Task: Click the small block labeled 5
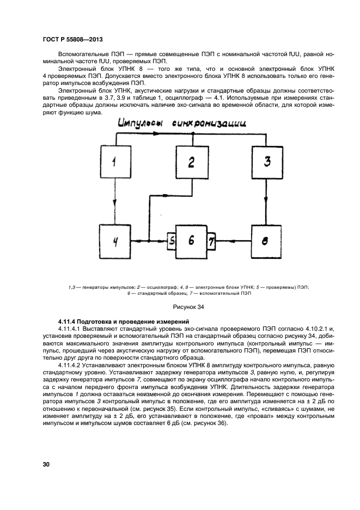pyautogui.click(x=171, y=240)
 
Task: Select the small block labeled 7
pyautogui.click(x=212, y=240)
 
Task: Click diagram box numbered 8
pyautogui.click(x=266, y=240)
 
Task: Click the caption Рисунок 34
pyautogui.click(x=188, y=308)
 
